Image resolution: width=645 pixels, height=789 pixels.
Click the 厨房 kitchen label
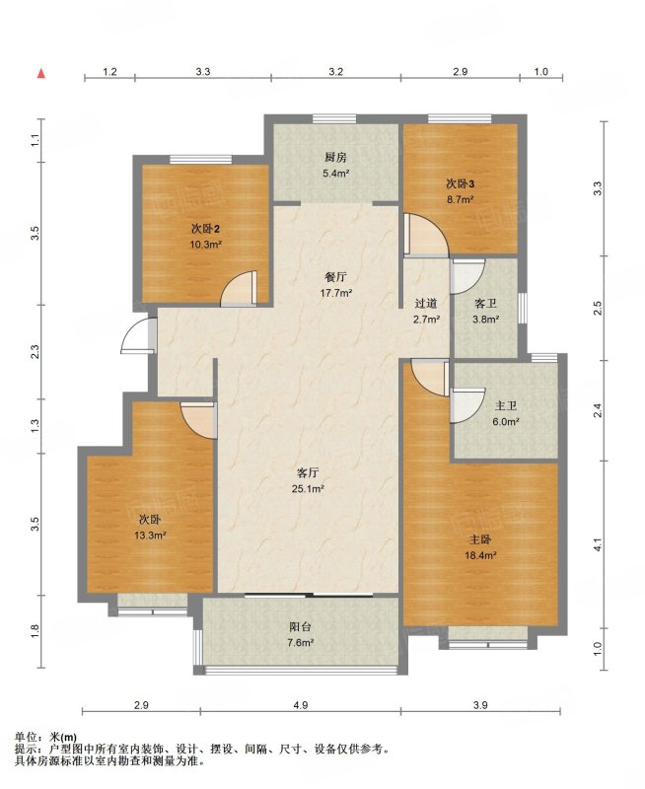coord(335,158)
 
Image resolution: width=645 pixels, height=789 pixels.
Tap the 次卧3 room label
coord(461,184)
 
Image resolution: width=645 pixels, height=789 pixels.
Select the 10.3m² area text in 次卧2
coord(206,245)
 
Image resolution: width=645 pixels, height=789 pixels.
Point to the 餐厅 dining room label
coord(335,277)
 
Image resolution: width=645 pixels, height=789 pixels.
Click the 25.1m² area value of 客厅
coord(307,488)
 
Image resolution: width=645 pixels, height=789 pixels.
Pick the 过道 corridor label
coord(426,304)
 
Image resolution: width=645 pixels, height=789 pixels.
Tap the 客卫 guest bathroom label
coord(485,304)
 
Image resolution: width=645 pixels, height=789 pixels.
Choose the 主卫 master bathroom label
coord(506,406)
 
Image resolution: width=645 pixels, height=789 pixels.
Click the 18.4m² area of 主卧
coord(480,556)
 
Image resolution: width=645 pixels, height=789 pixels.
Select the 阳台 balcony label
coord(301,627)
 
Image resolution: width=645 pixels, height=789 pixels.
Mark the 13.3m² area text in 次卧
coord(150,536)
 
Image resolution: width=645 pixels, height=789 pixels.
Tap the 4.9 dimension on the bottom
coord(301,705)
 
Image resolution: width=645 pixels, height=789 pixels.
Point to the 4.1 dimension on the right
coord(598,544)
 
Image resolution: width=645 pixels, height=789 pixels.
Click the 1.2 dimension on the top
coord(109,71)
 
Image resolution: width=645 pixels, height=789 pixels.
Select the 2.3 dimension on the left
coord(35,352)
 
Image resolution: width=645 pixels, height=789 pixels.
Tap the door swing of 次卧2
coord(239,288)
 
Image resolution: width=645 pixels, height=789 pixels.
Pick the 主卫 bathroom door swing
coord(467,405)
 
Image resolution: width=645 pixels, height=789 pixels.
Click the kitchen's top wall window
coord(334,118)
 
